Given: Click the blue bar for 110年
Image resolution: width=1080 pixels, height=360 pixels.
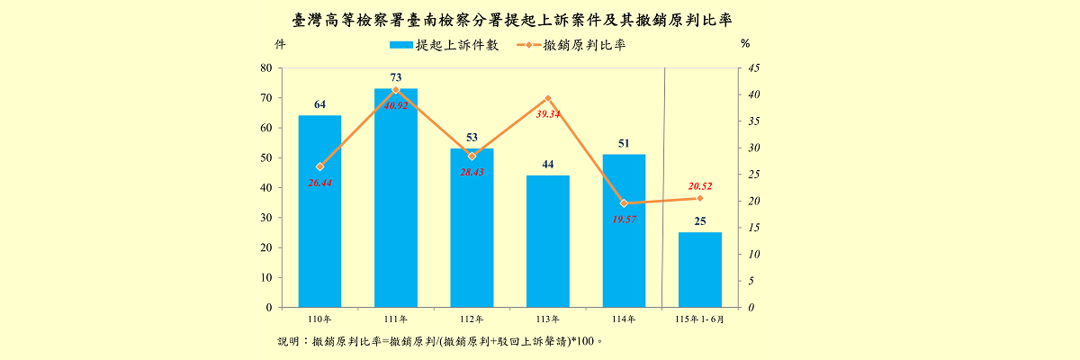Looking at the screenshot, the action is [x=319, y=211].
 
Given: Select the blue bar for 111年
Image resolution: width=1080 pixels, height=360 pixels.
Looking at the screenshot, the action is [x=396, y=198].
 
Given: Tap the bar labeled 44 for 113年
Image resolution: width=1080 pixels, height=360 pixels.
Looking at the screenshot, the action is [x=548, y=241].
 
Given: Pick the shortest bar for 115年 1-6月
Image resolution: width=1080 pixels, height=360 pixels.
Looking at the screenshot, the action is [x=700, y=270].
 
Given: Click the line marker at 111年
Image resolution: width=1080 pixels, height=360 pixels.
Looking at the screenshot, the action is [x=396, y=90].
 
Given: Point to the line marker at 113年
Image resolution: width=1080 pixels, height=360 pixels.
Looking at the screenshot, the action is [x=548, y=98].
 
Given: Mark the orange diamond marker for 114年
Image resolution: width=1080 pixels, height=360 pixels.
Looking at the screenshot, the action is [x=624, y=203].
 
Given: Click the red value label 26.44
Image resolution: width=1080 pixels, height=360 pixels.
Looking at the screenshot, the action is [x=319, y=183].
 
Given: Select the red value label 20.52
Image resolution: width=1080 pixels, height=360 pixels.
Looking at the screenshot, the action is [x=700, y=186].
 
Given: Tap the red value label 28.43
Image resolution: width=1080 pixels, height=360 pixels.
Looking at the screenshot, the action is [x=472, y=172].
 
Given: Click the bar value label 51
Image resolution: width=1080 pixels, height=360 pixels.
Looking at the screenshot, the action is [x=624, y=143].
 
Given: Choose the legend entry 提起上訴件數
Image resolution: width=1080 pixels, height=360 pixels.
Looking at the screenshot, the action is [x=444, y=45].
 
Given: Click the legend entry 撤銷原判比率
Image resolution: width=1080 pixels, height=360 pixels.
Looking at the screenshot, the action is [x=571, y=45].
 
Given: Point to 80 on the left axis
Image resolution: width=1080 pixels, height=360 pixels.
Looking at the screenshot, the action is [x=266, y=68].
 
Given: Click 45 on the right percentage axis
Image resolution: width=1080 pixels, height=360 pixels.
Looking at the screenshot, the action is [x=754, y=68].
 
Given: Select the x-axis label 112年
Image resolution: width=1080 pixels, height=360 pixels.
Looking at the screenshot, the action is [x=472, y=319].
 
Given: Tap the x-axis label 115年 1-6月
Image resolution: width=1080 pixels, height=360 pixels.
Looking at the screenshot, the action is [x=699, y=319].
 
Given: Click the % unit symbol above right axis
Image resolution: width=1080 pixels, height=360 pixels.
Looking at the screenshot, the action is [x=745, y=44].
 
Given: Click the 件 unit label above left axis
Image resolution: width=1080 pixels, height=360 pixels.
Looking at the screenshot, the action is [x=280, y=44].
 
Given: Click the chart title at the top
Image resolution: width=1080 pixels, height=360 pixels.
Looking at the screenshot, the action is [x=512, y=20].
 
